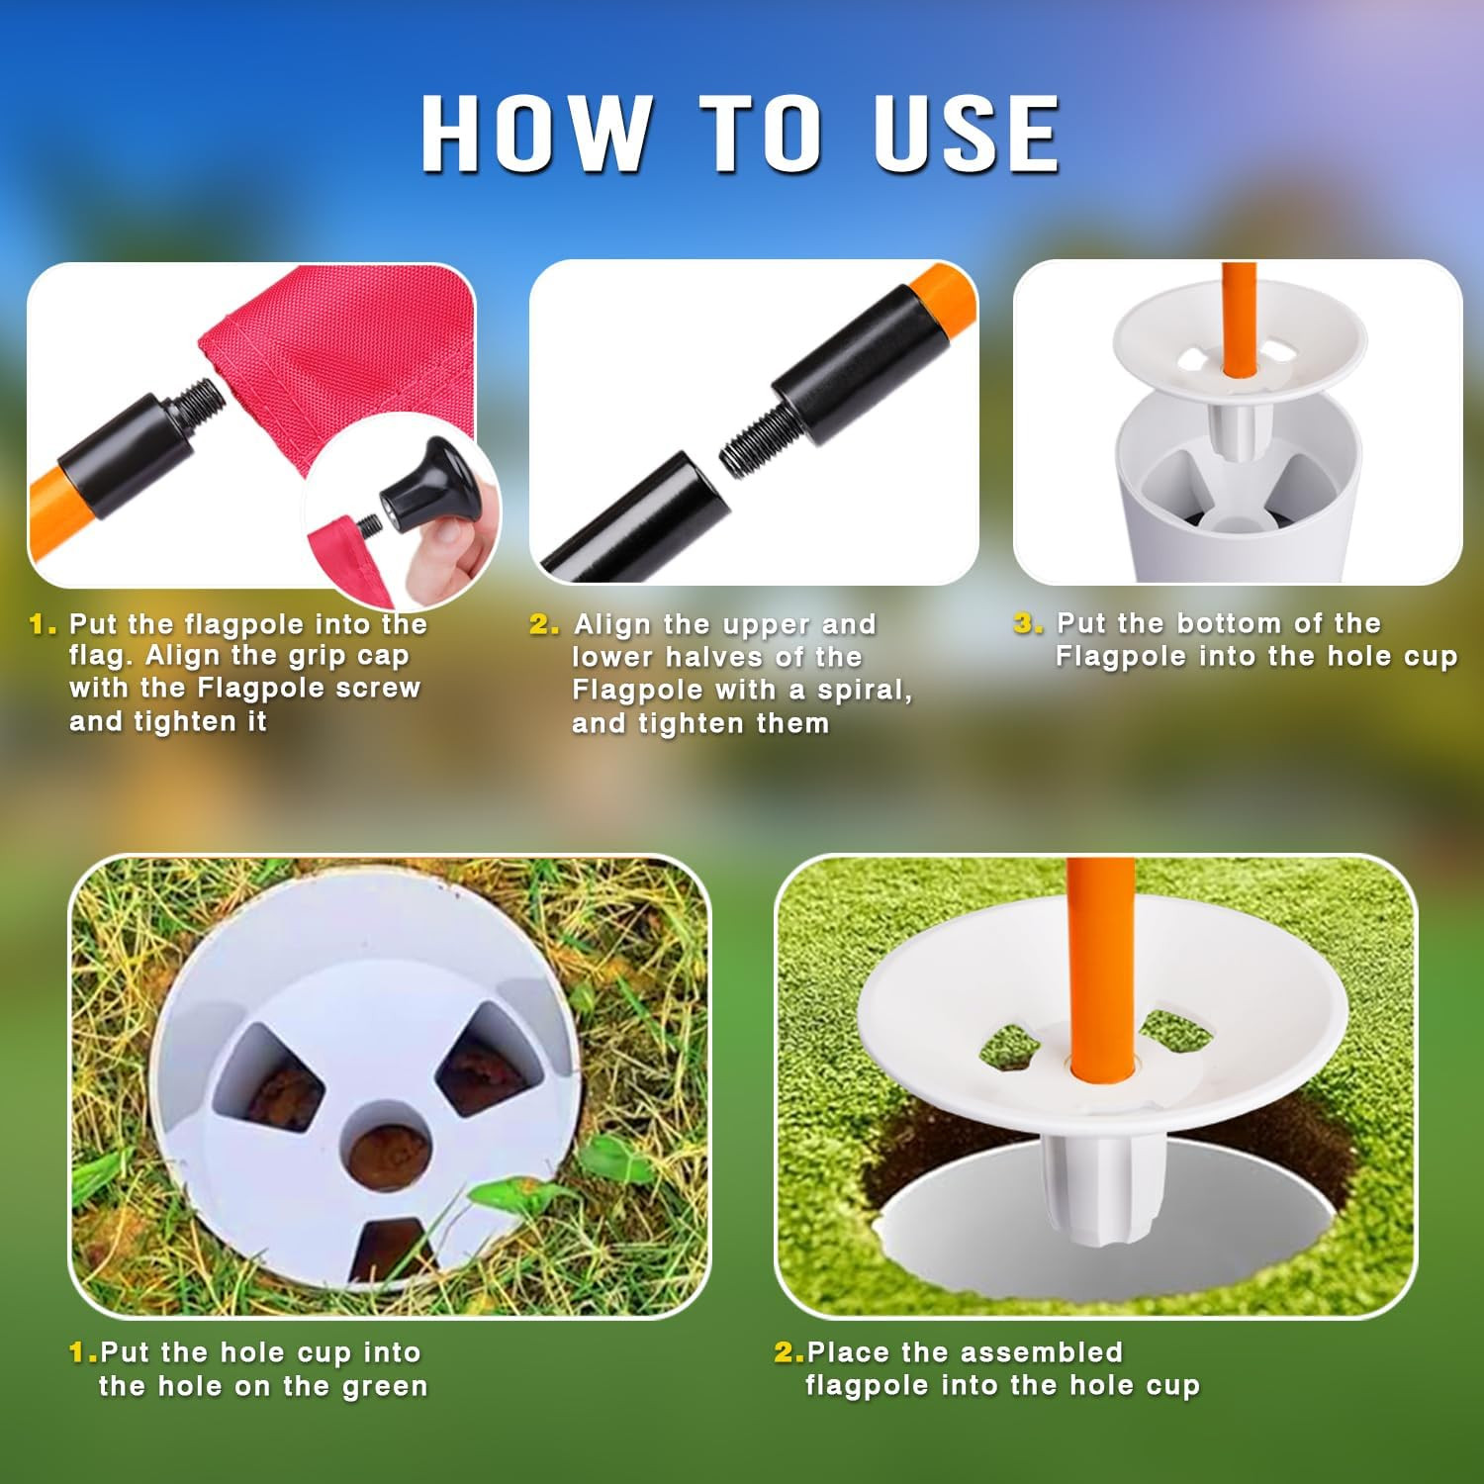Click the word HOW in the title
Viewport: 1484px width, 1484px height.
coord(537,134)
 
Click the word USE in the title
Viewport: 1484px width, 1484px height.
coord(967,134)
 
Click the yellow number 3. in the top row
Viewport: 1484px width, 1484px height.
coord(1028,623)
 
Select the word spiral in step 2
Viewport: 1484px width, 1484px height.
coord(862,690)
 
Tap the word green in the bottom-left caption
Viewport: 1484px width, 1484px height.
coord(385,1387)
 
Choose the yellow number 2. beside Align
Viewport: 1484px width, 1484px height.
coord(544,624)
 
